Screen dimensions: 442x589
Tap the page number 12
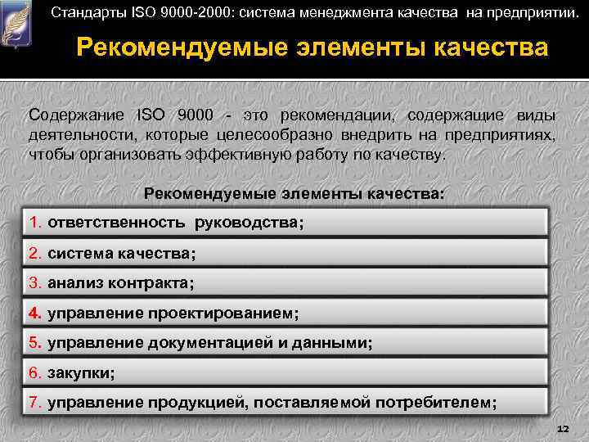pyautogui.click(x=561, y=429)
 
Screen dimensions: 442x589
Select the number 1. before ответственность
pyautogui.click(x=35, y=222)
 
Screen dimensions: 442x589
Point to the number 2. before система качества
pyautogui.click(x=35, y=254)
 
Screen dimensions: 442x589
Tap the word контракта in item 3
pyautogui.click(x=152, y=284)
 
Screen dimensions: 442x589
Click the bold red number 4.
pyautogui.click(x=35, y=313)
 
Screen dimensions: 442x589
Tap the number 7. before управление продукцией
pyautogui.click(x=35, y=403)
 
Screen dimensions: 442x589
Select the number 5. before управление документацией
pyautogui.click(x=35, y=344)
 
